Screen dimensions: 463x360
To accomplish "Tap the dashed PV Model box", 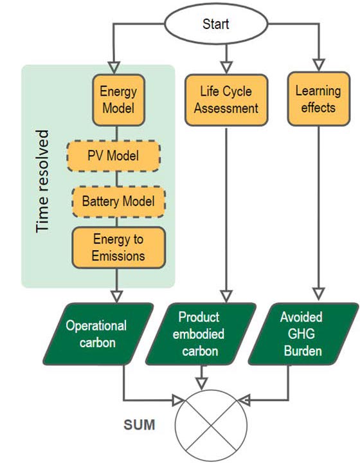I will pyautogui.click(x=113, y=156).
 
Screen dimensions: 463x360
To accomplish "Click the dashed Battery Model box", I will pyautogui.click(x=118, y=201).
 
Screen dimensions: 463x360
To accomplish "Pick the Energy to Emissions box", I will pyautogui.click(x=119, y=248).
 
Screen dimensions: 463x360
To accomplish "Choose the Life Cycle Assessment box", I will pyautogui.click(x=225, y=100).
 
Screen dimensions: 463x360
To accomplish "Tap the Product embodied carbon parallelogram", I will pyautogui.click(x=199, y=334).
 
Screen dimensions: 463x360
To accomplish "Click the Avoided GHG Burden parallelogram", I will pyautogui.click(x=301, y=334).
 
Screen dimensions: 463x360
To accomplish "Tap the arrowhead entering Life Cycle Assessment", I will pyautogui.click(x=225, y=66).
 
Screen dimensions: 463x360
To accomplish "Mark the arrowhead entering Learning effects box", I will pyautogui.click(x=318, y=66).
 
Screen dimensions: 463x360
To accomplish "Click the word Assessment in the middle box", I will pyautogui.click(x=226, y=108).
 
